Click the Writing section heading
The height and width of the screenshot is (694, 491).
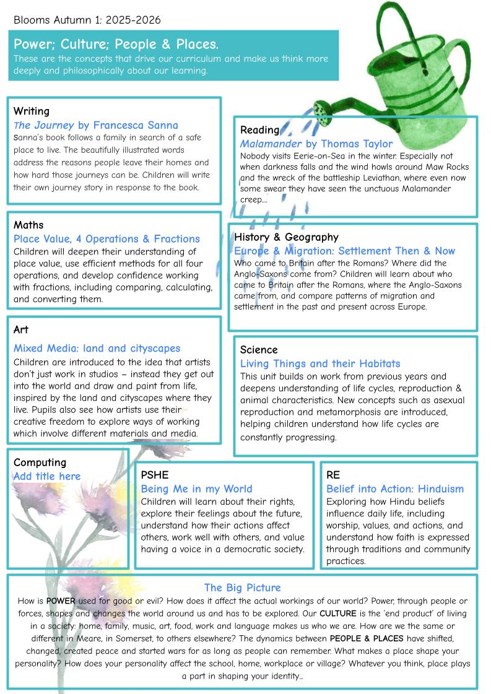pos(31,111)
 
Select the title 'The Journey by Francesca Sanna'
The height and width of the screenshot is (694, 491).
pos(96,125)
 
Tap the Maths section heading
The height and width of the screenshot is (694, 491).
pos(28,225)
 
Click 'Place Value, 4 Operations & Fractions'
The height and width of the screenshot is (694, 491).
pos(106,239)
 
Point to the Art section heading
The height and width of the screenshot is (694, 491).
pos(20,329)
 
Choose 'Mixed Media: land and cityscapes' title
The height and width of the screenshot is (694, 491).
pos(97,349)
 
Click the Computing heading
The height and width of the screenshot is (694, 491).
pos(40,462)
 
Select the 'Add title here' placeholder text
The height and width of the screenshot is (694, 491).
pos(47,476)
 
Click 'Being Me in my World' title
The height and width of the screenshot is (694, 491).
pos(197,489)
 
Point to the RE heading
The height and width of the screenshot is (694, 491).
pos(333,475)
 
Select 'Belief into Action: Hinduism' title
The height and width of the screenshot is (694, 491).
pos(395,489)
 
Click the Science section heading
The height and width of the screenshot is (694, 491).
pos(259,350)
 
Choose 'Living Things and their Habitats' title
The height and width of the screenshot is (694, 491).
pos(320,363)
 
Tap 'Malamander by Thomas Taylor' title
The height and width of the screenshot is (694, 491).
pos(316,144)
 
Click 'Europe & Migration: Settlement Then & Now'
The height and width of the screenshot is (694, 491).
pos(344,251)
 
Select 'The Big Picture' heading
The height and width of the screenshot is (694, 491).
pos(242,588)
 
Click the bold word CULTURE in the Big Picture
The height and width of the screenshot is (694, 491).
pos(339,614)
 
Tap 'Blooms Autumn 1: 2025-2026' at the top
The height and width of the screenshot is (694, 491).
pos(87,20)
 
